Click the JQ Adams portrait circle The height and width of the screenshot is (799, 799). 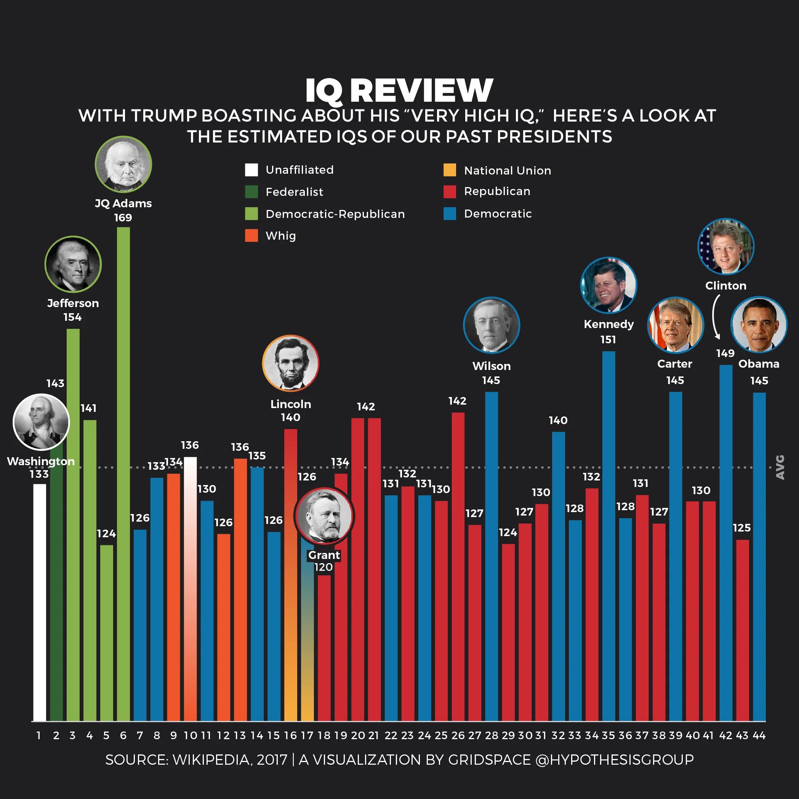pos(123,164)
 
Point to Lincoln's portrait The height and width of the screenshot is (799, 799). pos(291,363)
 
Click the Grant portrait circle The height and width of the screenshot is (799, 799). pos(324,516)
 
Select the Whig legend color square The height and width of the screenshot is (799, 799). pos(251,235)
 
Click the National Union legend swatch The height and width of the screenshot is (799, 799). pos(450,170)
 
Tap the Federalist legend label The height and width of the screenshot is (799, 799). pos(294,192)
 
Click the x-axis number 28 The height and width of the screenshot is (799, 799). pos(491,735)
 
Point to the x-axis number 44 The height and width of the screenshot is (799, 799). pos(759,735)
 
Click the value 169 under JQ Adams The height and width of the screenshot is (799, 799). pos(123,218)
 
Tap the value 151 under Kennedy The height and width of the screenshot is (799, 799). pos(608,339)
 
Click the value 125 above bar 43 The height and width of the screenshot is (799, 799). pos(741,528)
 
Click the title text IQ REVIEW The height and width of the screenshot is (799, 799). pos(399,90)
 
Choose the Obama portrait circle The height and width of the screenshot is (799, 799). pos(759,325)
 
